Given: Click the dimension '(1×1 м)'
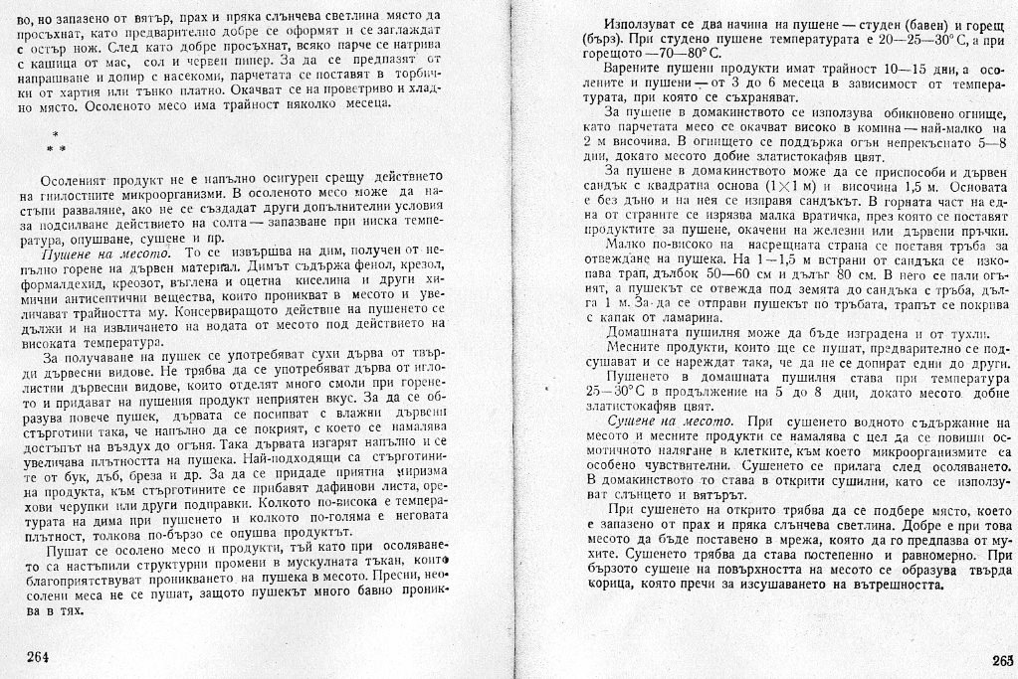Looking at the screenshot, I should pyautogui.click(x=800, y=185).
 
